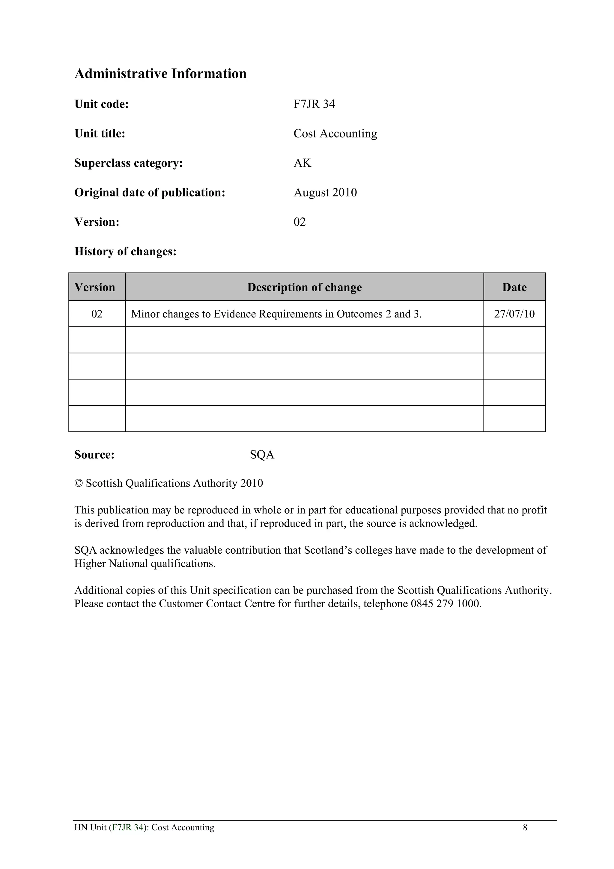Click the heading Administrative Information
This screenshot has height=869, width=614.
point(160,74)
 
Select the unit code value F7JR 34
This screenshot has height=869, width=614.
point(314,104)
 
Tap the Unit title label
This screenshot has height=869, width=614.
point(100,134)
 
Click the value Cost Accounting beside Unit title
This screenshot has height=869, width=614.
point(335,134)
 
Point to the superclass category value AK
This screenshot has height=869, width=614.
point(302,163)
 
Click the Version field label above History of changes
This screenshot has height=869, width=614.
point(97,222)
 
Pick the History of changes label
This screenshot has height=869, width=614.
point(125,251)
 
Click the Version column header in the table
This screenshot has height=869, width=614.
point(95,287)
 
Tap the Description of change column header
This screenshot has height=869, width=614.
point(304,287)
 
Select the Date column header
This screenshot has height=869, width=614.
point(514,287)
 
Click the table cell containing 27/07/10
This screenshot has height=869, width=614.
point(514,314)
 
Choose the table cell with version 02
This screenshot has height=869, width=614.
point(97,314)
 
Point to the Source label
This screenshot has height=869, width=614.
point(94,455)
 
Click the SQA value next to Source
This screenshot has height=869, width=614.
point(262,455)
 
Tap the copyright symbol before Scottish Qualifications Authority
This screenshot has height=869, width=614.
point(78,484)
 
